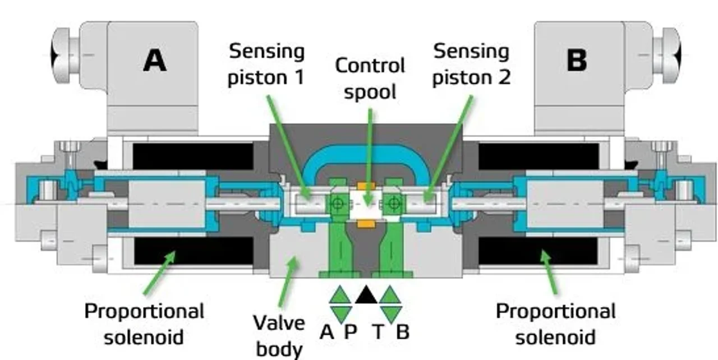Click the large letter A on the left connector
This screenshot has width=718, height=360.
point(155,60)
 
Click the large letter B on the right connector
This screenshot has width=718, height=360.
point(576,60)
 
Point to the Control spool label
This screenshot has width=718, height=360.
point(370,78)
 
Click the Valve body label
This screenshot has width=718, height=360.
point(279,335)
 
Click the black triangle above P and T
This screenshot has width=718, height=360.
point(366,294)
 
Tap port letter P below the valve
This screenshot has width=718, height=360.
point(350,333)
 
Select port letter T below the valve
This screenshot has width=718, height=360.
point(379,333)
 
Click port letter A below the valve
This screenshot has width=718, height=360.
point(326,333)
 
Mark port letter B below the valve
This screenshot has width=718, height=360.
point(402,333)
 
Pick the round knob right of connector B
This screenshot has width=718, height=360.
point(668,54)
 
